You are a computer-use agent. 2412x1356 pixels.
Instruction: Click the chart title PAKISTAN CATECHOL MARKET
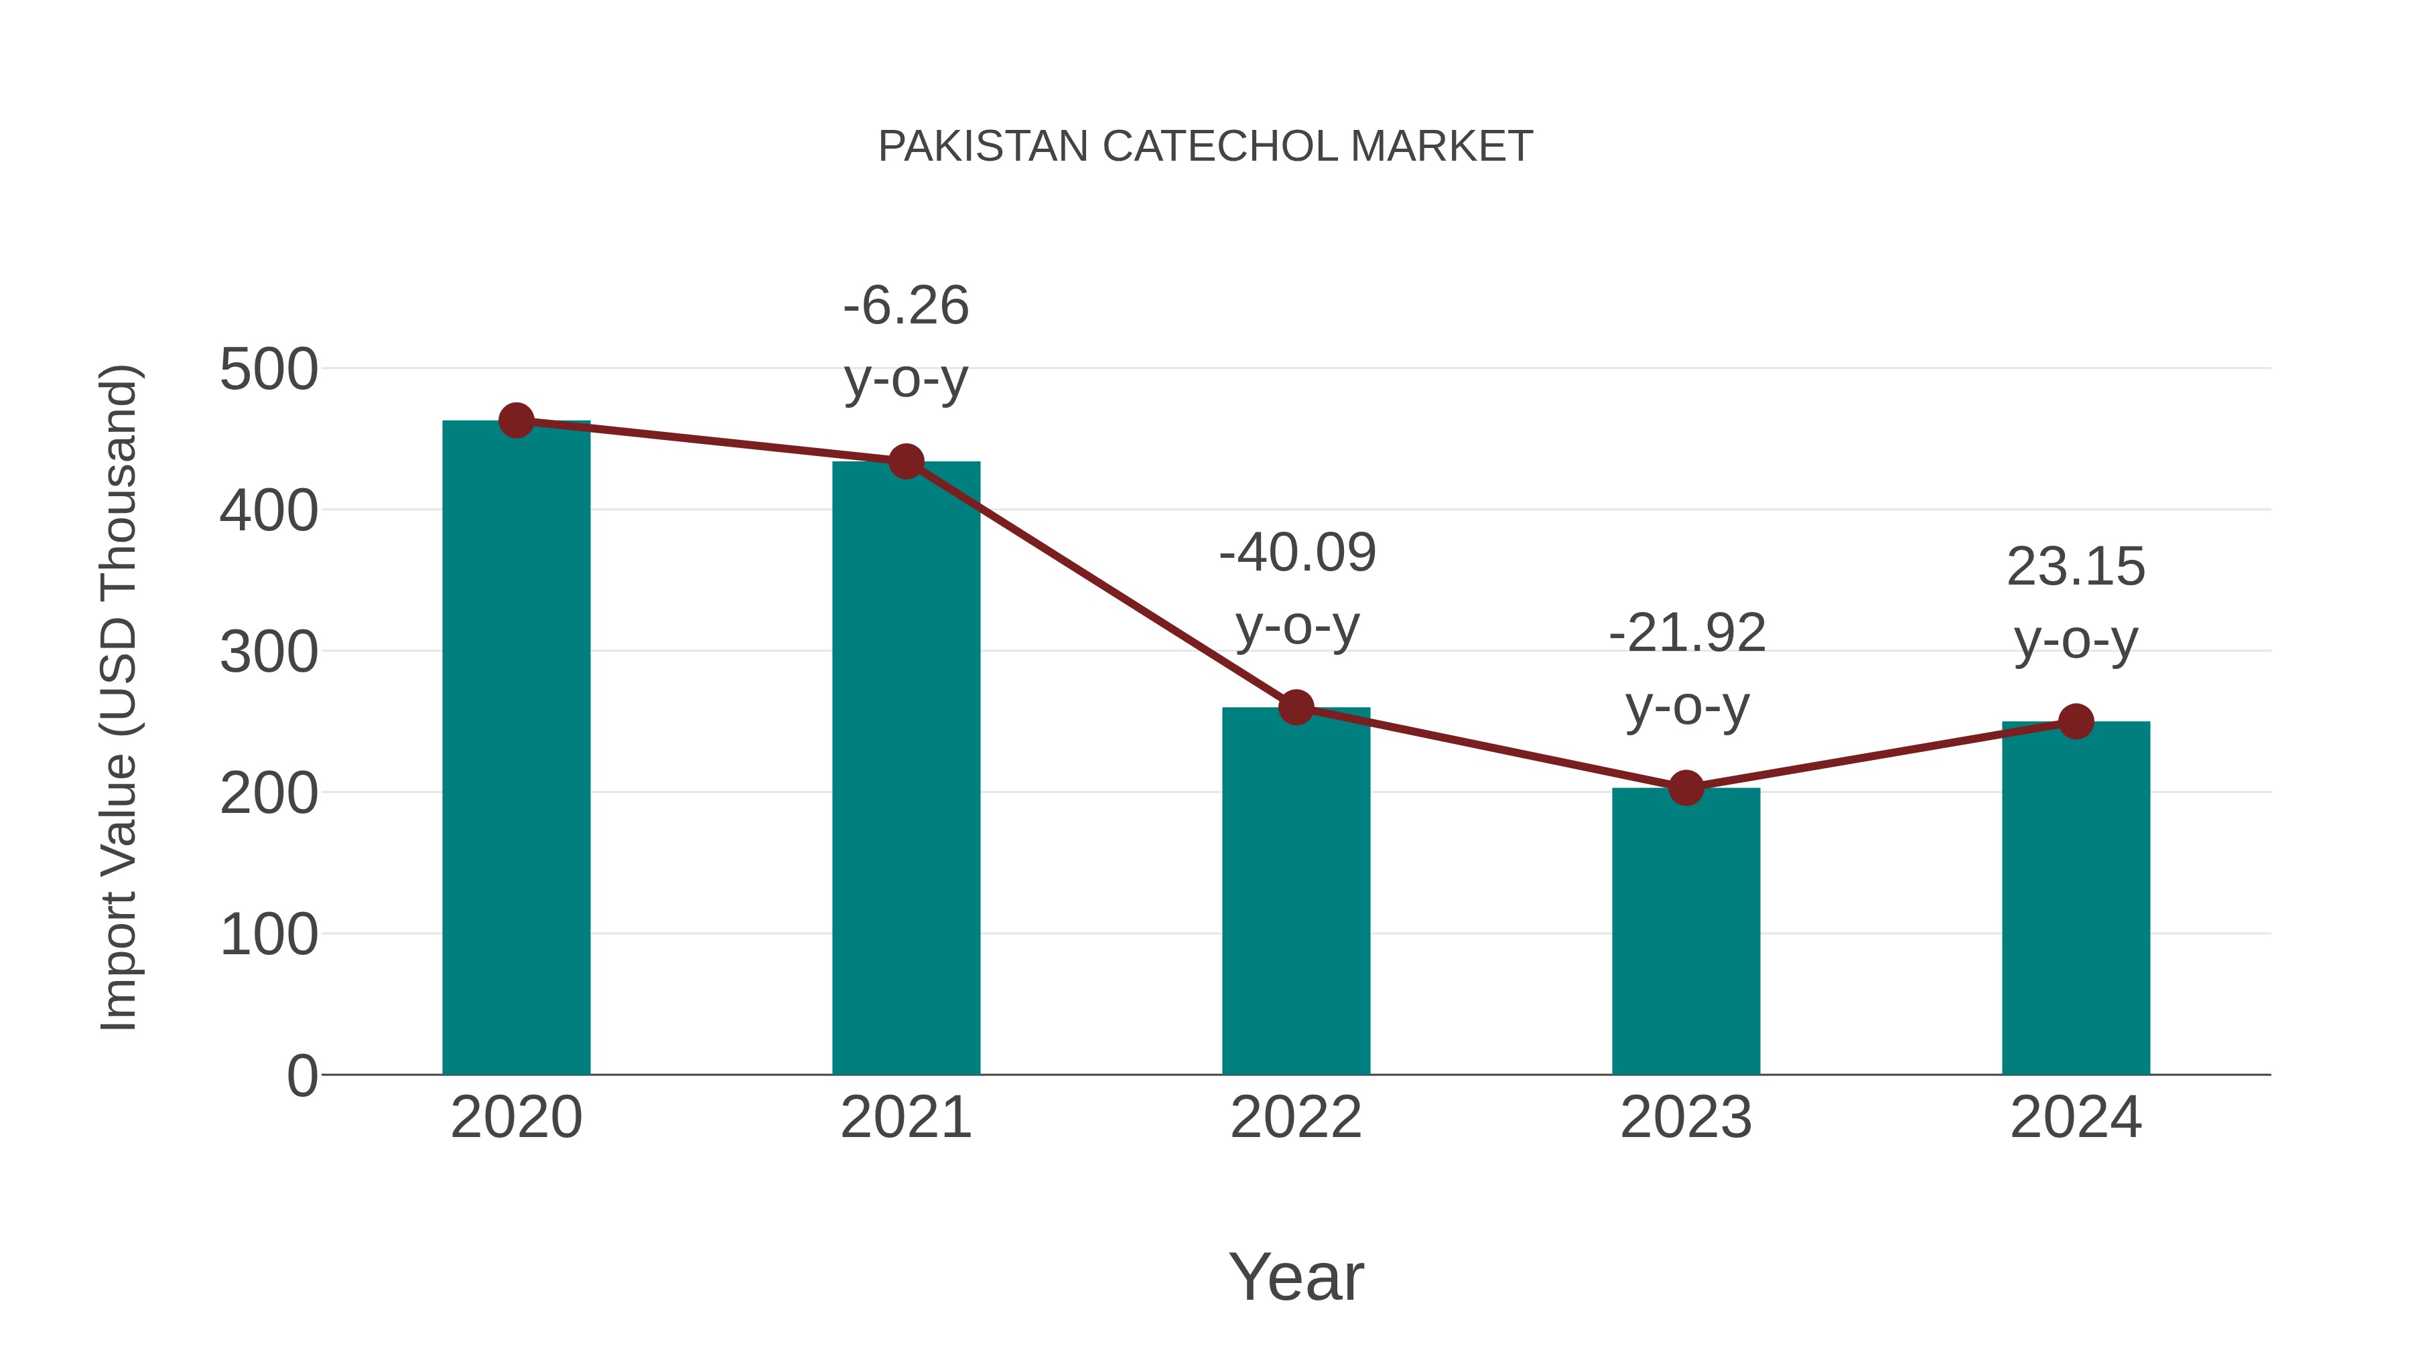point(1205,147)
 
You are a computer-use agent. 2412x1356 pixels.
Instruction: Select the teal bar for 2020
point(516,749)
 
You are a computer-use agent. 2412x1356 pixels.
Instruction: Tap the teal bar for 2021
point(905,767)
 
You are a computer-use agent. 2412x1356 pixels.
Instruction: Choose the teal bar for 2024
point(2076,899)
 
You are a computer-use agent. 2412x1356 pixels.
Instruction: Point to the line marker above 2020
point(516,421)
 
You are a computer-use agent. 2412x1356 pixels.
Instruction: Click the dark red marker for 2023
point(1686,788)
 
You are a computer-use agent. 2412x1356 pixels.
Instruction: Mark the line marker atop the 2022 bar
point(1296,708)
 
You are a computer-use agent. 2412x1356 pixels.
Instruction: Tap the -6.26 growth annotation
point(905,306)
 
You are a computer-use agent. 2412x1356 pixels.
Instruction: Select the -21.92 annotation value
point(1686,633)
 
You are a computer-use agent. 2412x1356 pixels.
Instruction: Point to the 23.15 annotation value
point(2076,567)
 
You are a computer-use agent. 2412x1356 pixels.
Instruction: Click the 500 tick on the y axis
point(269,370)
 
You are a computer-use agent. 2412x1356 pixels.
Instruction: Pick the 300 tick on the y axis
point(269,652)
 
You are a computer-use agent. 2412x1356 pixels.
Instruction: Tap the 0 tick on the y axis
point(301,1075)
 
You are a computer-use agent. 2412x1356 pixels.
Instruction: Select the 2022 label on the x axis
point(1296,1118)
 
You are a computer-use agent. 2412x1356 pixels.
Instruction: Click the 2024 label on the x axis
point(2076,1118)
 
